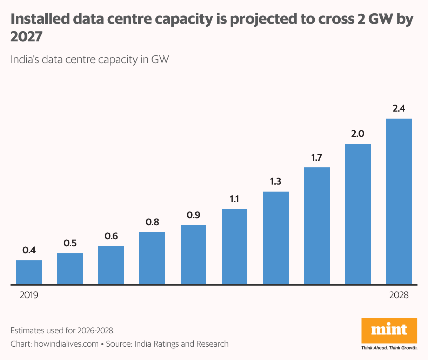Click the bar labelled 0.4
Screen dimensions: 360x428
point(29,272)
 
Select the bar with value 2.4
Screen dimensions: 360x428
point(399,201)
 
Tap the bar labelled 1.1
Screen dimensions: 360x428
point(234,247)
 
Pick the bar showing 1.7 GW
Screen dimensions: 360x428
point(316,226)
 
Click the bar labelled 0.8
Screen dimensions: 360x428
point(152,258)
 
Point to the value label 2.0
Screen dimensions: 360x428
point(357,134)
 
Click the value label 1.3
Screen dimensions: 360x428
point(275,181)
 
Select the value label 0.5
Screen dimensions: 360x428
point(70,243)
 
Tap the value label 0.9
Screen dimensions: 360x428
point(193,215)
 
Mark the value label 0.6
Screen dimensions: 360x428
point(111,236)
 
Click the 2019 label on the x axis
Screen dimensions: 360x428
point(29,295)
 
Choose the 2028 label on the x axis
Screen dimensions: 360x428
point(399,295)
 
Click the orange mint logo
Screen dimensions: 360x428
point(389,331)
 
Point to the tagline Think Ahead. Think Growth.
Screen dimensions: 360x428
point(389,348)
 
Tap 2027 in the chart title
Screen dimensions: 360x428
point(26,36)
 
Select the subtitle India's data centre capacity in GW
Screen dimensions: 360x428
point(90,59)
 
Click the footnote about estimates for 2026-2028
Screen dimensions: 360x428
point(62,331)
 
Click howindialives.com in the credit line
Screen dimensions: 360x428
point(66,344)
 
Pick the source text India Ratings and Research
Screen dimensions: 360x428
point(181,344)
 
